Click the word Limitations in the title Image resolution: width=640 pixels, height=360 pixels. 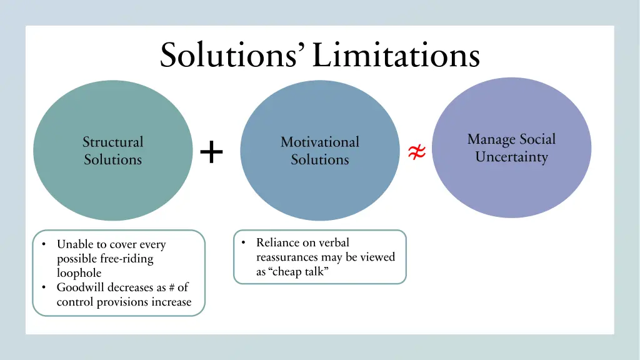[396, 56]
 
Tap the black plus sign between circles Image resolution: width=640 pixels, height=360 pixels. [212, 152]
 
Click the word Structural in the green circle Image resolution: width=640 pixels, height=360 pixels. [112, 142]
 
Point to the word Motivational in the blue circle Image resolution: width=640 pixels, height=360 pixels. [319, 142]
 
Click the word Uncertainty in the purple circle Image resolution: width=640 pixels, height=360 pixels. [511, 157]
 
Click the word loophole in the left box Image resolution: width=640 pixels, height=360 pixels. [79, 273]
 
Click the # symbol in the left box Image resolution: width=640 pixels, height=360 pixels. [171, 287]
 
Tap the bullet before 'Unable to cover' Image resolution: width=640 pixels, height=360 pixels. [44, 244]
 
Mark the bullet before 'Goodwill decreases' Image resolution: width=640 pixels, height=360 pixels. [44, 287]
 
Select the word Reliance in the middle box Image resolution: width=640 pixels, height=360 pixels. [277, 242]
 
